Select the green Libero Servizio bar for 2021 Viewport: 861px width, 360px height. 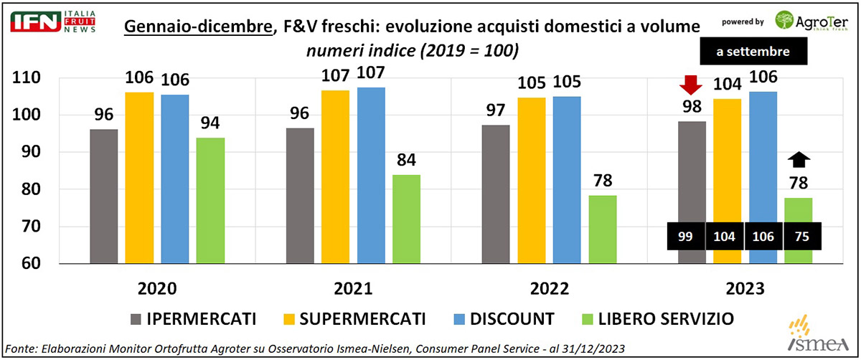pyautogui.click(x=406, y=219)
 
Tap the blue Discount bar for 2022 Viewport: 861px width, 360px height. pyautogui.click(x=567, y=179)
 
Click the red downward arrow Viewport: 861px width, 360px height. pyautogui.click(x=691, y=85)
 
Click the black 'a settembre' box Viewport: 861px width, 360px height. pyautogui.click(x=754, y=52)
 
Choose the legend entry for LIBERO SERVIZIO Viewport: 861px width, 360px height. pyautogui.click(x=667, y=318)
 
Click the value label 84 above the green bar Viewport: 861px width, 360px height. pyautogui.click(x=406, y=158)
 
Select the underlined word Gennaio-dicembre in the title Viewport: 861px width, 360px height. pyautogui.click(x=197, y=27)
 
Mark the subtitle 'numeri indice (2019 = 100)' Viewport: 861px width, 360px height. pyautogui.click(x=413, y=52)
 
